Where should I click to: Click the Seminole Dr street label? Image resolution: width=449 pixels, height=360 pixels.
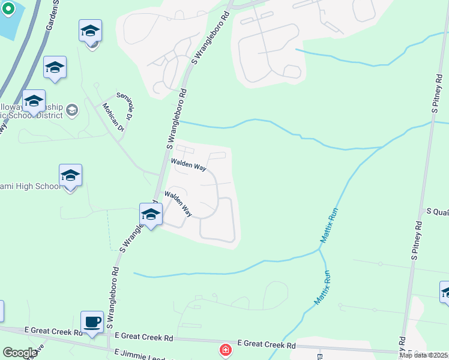coord(128,106)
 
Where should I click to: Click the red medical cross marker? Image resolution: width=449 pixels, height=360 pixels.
coord(226,349)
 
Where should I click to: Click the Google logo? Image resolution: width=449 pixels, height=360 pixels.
coord(19,353)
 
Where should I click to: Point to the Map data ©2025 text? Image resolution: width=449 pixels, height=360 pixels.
coord(423,355)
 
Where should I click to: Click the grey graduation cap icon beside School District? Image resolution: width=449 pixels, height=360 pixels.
coord(72,110)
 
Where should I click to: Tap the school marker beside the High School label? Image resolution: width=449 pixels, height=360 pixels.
coord(70,176)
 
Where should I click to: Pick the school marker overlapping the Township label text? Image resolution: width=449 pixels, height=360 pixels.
coord(34,101)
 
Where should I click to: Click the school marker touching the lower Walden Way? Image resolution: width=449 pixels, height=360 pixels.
coord(150,215)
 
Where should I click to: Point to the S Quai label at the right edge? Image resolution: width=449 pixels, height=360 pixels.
coord(437,211)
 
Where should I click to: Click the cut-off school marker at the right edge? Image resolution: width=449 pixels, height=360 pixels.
coord(445,292)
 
